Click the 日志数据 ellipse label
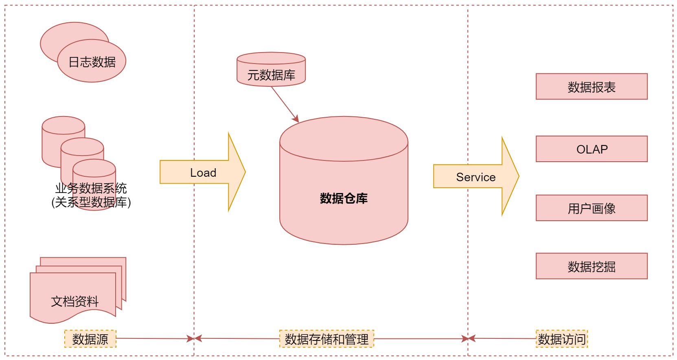tap(92, 62)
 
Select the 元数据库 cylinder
tap(271, 70)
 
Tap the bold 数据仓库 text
tap(344, 198)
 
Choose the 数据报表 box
tap(592, 87)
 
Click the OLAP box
tap(592, 149)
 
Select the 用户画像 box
tap(592, 208)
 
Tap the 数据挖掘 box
tap(592, 266)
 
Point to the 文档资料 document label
tap(75, 301)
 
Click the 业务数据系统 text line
tap(91, 188)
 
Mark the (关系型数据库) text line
tap(91, 202)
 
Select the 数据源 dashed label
tap(90, 339)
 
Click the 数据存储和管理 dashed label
tap(326, 339)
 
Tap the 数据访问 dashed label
tap(562, 339)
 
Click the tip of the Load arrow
tap(244, 172)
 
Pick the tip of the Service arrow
tap(518, 176)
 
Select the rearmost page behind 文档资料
tap(102, 261)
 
